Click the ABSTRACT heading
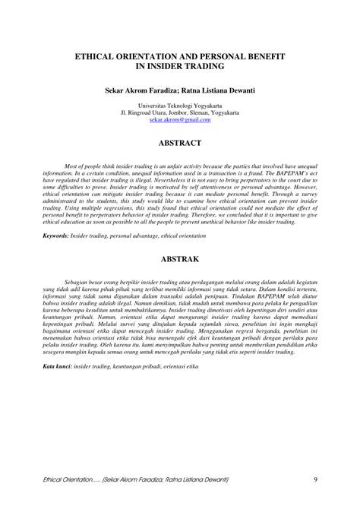[x=180, y=143]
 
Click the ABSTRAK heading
[x=180, y=260]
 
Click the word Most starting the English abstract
[x=72, y=165]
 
